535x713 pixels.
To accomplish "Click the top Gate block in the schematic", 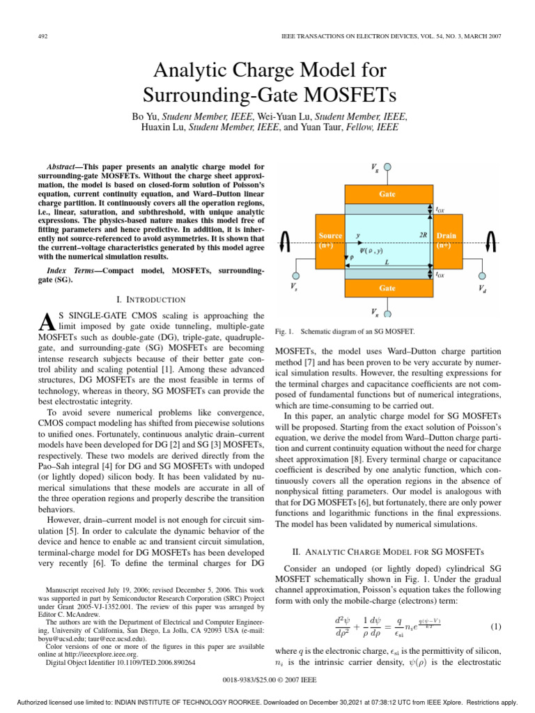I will (387, 195).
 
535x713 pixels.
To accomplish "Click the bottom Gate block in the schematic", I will (387, 287).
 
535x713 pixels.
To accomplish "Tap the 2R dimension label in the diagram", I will (424, 235).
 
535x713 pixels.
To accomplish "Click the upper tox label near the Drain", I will (440, 208).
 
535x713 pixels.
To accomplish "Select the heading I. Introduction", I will (150, 299).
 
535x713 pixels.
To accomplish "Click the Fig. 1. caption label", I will (286, 331).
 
